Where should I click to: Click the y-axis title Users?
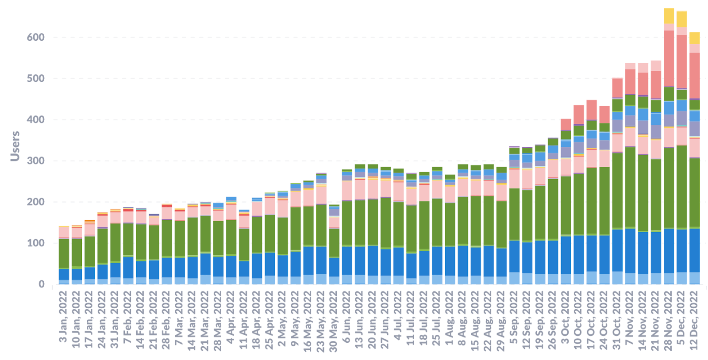click(15, 146)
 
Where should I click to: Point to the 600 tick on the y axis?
click(36, 38)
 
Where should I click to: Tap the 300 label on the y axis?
click(36, 161)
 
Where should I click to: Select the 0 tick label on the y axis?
click(41, 284)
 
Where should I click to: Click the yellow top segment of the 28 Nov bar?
click(669, 16)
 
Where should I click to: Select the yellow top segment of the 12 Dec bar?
click(694, 38)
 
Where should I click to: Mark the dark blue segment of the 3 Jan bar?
click(64, 275)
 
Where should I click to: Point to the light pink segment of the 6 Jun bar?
click(347, 190)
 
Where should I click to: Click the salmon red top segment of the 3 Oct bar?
click(566, 124)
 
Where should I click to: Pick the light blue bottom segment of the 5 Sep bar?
click(514, 278)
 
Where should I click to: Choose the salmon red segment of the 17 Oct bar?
click(591, 110)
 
